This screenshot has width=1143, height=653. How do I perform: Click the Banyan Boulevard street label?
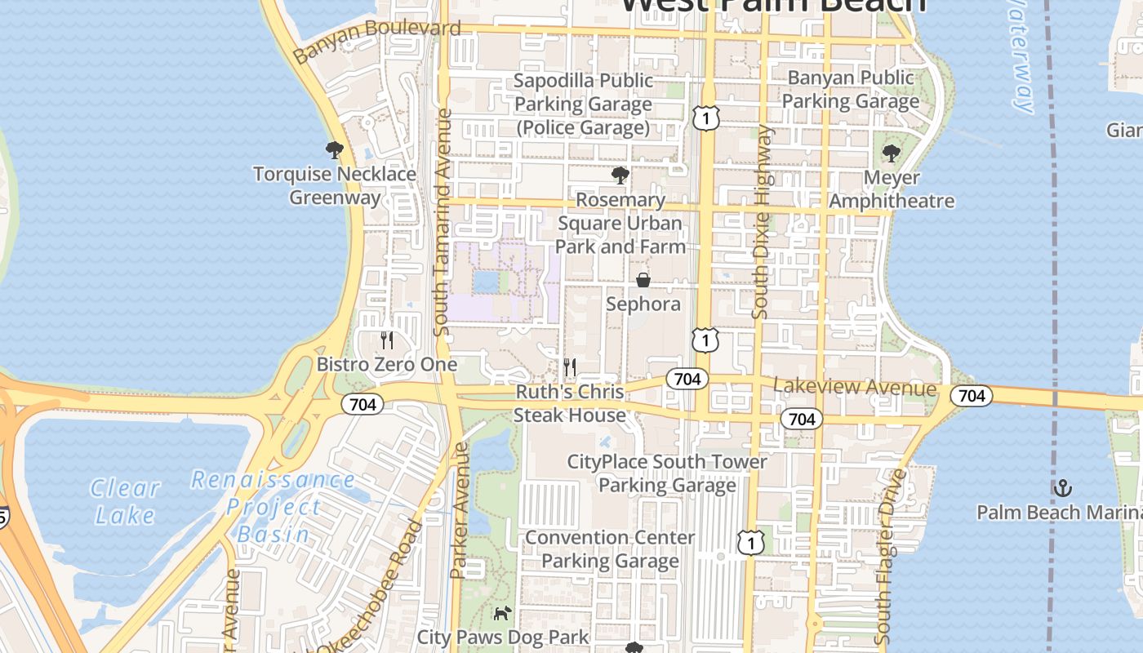(x=377, y=41)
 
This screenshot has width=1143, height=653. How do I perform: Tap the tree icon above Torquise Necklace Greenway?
(x=334, y=150)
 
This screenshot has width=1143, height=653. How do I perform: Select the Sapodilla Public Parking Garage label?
(x=583, y=104)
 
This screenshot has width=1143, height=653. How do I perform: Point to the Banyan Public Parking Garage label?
(x=851, y=90)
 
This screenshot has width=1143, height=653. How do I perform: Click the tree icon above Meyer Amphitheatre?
(x=892, y=153)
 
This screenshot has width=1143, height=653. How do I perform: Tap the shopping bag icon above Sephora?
(x=643, y=280)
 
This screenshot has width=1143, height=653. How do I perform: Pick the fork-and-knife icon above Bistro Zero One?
(x=387, y=340)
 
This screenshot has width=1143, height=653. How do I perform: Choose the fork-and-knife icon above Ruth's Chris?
(x=570, y=367)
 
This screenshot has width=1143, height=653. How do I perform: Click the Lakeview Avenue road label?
(x=855, y=387)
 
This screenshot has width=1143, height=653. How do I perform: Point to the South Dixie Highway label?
(x=761, y=222)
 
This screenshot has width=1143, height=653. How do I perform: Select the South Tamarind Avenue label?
(x=442, y=222)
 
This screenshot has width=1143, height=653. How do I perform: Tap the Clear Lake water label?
(x=125, y=501)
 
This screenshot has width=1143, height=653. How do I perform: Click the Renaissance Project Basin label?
(x=272, y=507)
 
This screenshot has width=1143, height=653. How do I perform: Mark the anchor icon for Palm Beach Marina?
(x=1062, y=488)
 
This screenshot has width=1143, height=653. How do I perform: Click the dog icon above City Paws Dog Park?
(x=502, y=613)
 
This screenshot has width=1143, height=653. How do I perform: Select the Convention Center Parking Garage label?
(x=610, y=549)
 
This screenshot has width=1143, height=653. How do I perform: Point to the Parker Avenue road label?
(x=459, y=510)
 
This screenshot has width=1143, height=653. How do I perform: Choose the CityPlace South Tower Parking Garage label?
(x=667, y=473)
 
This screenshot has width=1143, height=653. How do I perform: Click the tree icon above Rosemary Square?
(x=620, y=175)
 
